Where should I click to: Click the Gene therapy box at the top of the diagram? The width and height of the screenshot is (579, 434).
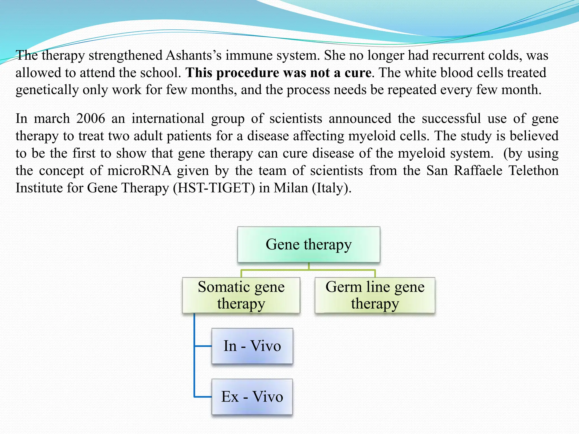click(308, 244)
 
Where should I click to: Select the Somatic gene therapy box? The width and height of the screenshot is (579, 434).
click(241, 295)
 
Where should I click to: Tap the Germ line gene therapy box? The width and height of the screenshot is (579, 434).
click(375, 295)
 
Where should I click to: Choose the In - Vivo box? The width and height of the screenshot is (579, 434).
click(252, 346)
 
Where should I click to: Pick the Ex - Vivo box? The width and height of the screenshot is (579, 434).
click(252, 397)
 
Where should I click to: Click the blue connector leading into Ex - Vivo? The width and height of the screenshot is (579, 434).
click(203, 397)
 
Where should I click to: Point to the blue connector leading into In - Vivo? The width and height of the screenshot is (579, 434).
click(203, 346)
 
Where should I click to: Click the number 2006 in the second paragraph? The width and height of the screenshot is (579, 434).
click(90, 118)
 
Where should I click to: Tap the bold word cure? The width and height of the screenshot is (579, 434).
click(358, 73)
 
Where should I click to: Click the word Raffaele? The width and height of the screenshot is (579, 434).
click(478, 171)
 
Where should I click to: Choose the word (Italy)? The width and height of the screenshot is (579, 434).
click(331, 188)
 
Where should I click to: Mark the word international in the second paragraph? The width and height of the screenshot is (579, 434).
click(168, 118)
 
